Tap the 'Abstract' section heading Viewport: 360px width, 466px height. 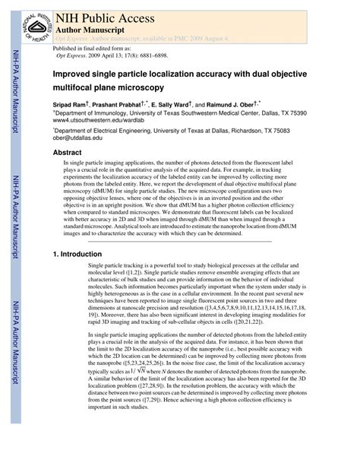coord(67,152)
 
